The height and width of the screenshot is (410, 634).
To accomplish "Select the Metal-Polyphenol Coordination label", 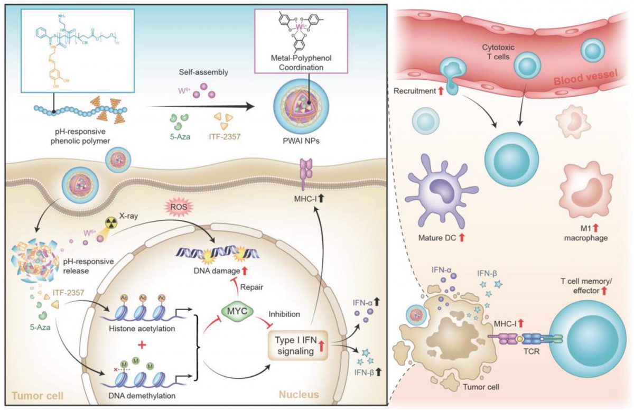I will pyautogui.click(x=299, y=62).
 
